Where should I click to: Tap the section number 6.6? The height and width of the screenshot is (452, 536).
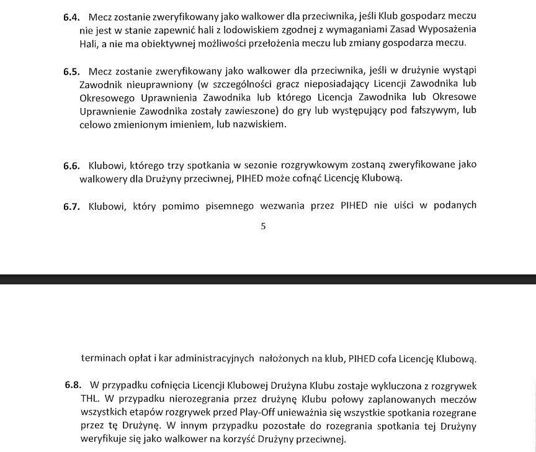72,166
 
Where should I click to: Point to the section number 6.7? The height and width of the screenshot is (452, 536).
72,207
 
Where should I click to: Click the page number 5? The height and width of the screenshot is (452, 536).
263,227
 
